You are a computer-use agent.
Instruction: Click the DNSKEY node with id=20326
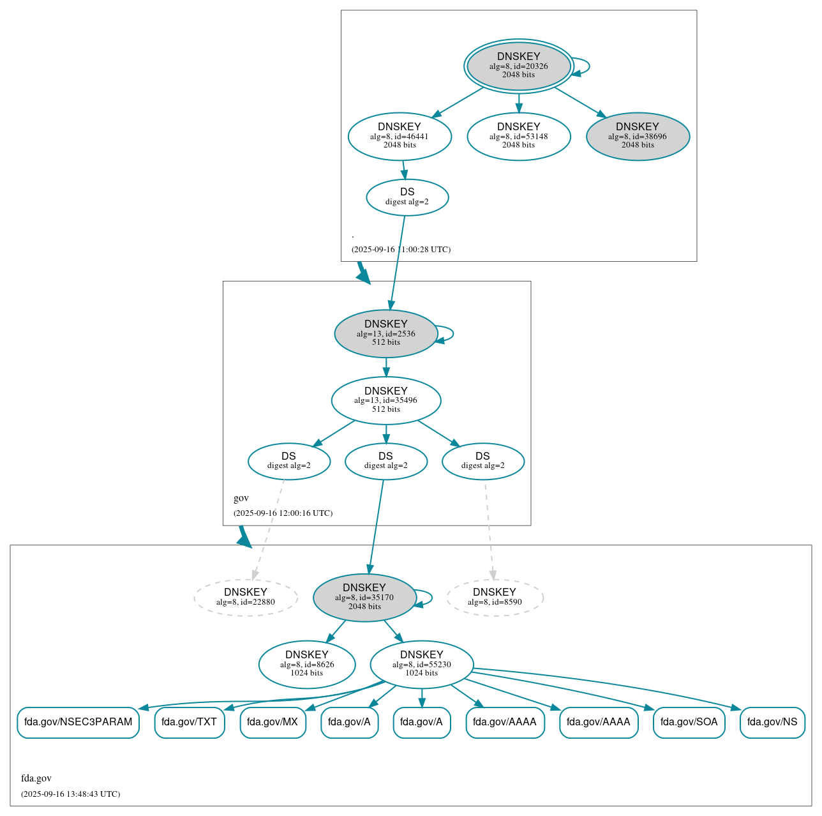point(518,66)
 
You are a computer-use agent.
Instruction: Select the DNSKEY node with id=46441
point(400,136)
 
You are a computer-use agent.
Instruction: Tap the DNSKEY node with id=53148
point(518,136)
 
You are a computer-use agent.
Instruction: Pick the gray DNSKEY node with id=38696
point(638,136)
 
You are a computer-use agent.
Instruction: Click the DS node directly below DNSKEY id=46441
point(407,197)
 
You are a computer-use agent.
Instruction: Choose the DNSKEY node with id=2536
point(385,333)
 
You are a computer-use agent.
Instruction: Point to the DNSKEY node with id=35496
point(385,400)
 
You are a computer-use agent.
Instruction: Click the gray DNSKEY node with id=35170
point(364,598)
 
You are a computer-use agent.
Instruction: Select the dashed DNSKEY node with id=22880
point(246,598)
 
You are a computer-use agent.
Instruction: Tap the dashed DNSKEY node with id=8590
point(495,598)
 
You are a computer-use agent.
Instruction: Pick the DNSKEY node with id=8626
point(307,665)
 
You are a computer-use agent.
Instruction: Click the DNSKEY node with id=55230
point(421,665)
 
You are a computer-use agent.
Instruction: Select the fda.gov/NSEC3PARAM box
point(78,722)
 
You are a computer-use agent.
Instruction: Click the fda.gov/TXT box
point(189,722)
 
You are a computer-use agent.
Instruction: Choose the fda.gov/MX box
point(273,722)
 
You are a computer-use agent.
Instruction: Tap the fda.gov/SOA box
point(689,722)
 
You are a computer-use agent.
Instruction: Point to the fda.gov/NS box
point(772,722)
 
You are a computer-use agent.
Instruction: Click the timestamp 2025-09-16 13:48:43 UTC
point(70,794)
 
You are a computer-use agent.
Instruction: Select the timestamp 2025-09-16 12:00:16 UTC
point(283,513)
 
